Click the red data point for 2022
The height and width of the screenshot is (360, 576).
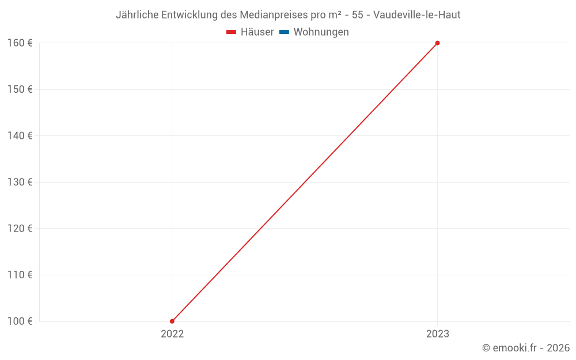[172, 321]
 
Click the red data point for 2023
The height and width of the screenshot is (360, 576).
[437, 43]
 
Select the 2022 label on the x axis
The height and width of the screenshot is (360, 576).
[172, 334]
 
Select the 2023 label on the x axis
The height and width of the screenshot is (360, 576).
[437, 334]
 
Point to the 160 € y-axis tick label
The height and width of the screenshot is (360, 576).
[20, 43]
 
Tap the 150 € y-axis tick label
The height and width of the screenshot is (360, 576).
[20, 89]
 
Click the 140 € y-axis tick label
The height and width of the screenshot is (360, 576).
[20, 136]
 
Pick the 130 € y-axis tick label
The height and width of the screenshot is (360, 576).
[20, 182]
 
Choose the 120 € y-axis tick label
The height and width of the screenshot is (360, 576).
[20, 228]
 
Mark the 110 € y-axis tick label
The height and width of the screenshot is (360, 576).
[20, 275]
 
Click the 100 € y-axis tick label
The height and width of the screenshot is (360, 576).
[20, 321]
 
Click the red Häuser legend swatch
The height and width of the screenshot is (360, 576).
[232, 32]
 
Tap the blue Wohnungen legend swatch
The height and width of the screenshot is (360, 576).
[284, 32]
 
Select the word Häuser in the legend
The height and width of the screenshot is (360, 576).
[257, 32]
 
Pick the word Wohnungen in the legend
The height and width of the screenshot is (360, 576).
[321, 32]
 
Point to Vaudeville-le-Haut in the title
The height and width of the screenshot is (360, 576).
[417, 15]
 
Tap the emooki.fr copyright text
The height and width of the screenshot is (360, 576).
[526, 348]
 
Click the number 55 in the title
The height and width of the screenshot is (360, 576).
[357, 15]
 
